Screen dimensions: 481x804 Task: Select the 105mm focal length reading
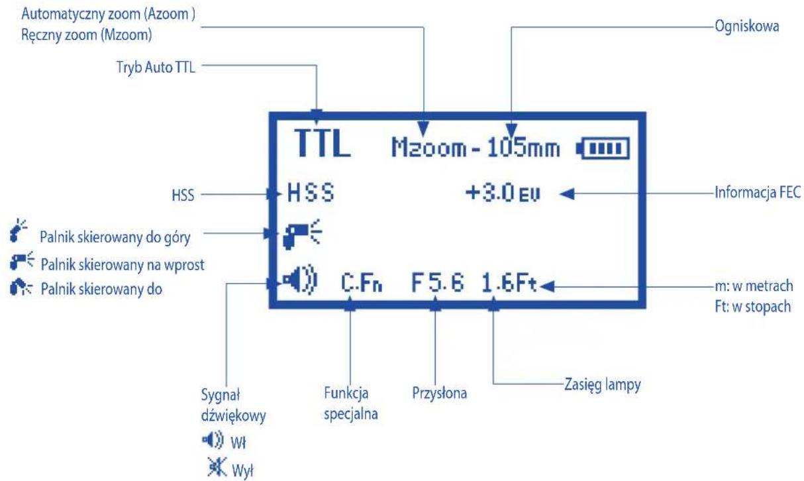pyautogui.click(x=523, y=148)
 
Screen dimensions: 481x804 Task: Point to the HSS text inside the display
pyautogui.click(x=311, y=194)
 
